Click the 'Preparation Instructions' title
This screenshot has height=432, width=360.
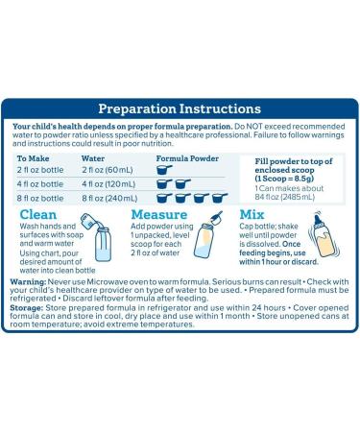point(180,108)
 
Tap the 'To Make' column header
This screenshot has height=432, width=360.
point(33,158)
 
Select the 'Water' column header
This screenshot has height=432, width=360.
point(93,158)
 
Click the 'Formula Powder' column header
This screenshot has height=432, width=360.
point(187,158)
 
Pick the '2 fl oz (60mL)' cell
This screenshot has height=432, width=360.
point(108,170)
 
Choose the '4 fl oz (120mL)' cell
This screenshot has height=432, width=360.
point(108,184)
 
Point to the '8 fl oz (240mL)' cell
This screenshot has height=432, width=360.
point(109,199)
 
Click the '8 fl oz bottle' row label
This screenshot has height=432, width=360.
point(40,199)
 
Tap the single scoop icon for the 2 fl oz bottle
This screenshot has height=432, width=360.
point(164,170)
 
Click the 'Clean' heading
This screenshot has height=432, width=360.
point(38,214)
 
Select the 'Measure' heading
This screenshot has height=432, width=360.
point(159,214)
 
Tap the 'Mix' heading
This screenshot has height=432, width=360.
point(252,214)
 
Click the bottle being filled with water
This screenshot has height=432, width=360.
point(103,244)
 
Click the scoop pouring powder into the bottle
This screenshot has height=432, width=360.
point(216,218)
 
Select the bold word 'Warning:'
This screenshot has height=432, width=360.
point(29,282)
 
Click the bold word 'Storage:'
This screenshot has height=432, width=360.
point(27,308)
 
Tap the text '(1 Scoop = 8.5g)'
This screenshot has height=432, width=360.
point(284,179)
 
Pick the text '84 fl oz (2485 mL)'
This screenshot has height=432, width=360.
point(285,197)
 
